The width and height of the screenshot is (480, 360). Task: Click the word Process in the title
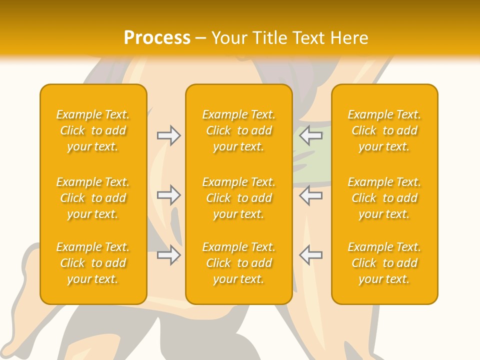coord(157,38)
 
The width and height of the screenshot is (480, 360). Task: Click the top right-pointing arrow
coord(169,135)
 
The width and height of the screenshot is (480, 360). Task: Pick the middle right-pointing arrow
coord(169,195)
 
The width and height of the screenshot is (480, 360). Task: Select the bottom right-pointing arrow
coord(169,255)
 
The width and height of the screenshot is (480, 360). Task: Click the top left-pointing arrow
coord(310,135)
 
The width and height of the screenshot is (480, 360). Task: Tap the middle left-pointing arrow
coord(310,195)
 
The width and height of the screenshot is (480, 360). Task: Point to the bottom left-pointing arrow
coord(310,255)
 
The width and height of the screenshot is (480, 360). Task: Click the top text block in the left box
coord(93,130)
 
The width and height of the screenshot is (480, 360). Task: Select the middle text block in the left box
coord(93,198)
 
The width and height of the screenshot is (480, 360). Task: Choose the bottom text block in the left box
coord(93,263)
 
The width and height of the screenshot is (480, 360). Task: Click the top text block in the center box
coord(238,130)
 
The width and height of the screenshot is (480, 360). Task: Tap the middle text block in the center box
coord(238,198)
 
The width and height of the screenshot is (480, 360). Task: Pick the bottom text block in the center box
coord(238,263)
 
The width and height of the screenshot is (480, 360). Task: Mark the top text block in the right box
coord(384,130)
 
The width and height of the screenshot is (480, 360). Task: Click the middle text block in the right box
coord(384,198)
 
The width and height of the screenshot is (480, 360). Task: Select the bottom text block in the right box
coord(384,263)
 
